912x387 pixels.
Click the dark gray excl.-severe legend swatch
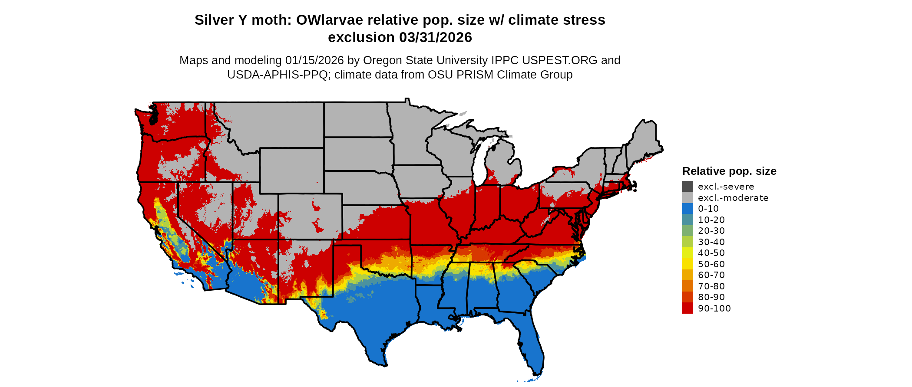[x=687, y=187]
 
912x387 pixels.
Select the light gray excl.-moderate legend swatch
[x=687, y=197]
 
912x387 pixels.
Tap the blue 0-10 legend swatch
[x=687, y=209]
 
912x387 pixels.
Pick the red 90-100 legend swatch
[x=687, y=308]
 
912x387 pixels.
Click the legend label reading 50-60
[x=711, y=264]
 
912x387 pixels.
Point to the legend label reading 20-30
[x=711, y=231]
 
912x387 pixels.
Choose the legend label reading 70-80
[x=711, y=286]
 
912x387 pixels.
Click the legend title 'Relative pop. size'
[x=729, y=171]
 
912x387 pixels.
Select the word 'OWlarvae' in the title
[x=330, y=20]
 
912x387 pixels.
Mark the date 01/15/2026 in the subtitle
[x=314, y=60]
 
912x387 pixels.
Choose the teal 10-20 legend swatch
[x=687, y=220]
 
